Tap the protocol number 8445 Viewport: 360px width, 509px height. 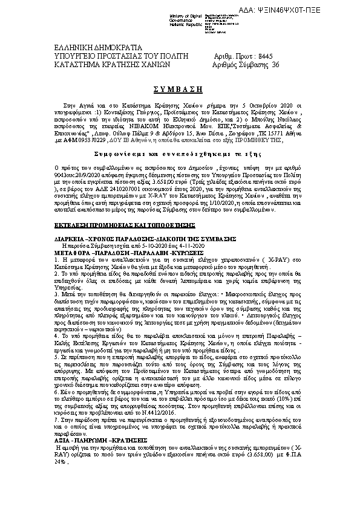(x=263, y=55)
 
